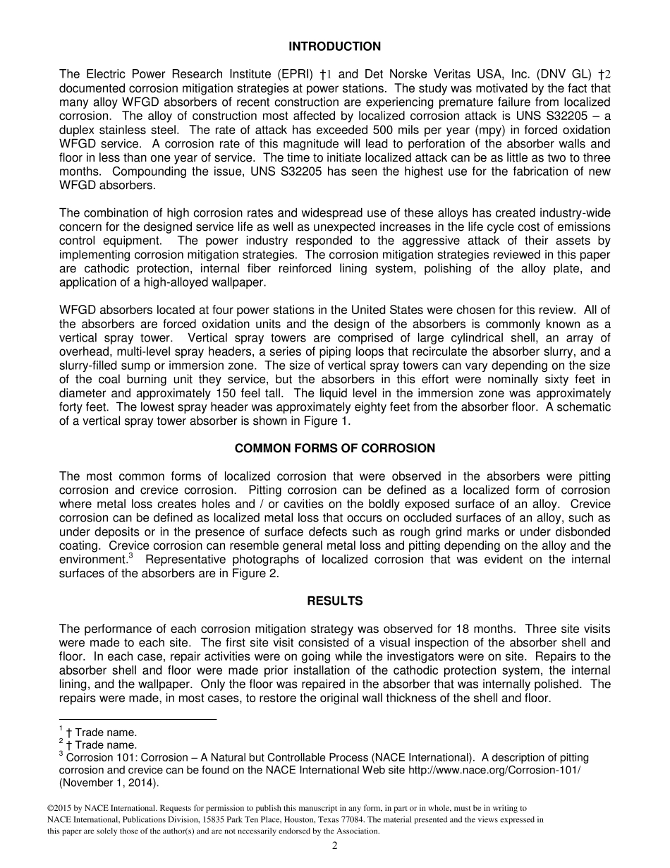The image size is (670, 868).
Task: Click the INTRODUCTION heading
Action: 334,47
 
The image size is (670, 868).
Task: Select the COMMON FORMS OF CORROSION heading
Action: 334,448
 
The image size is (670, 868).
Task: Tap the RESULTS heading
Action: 334,601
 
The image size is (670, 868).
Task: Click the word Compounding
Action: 147,171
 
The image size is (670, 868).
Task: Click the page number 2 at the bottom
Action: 335,846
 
